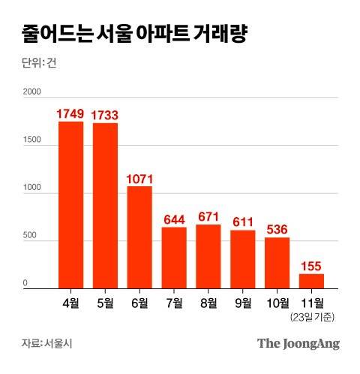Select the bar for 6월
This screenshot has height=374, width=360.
[x=139, y=237]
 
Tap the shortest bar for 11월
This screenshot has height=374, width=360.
[x=311, y=281]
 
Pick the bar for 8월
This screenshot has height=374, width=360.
[x=208, y=256]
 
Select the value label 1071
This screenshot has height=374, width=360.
[x=139, y=179]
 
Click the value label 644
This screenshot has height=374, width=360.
[x=174, y=219]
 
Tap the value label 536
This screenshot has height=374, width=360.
[x=277, y=229]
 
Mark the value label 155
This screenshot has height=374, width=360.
[x=311, y=265]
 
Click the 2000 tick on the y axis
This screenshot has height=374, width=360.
[x=31, y=92]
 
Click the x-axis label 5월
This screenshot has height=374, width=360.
[x=105, y=303]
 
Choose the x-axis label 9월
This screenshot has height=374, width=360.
[x=243, y=303]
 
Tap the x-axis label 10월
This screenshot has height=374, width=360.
[x=277, y=303]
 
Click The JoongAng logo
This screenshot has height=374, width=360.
[x=298, y=343]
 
